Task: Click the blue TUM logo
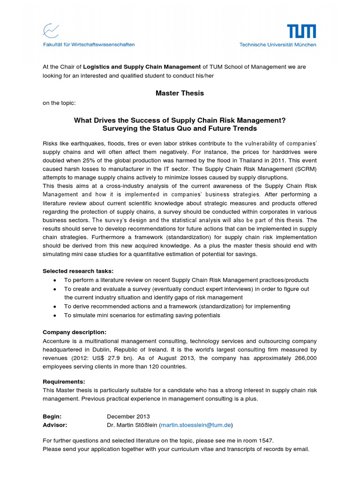tap(301, 32)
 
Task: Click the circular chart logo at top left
tap(51, 31)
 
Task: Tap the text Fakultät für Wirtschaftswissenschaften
tap(89, 45)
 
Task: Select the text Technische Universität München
tap(277, 45)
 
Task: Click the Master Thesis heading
tap(180, 93)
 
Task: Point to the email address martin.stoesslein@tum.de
tap(196, 425)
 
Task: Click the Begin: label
tap(52, 416)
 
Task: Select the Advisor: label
tap(55, 425)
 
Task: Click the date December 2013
tap(128, 416)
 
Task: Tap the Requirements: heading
tap(64, 382)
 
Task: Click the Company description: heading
tap(75, 332)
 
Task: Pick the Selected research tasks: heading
tap(78, 271)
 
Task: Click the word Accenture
tap(57, 341)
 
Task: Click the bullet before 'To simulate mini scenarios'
tap(55, 315)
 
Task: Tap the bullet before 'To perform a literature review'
tap(55, 280)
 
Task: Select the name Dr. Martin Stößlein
tap(132, 425)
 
